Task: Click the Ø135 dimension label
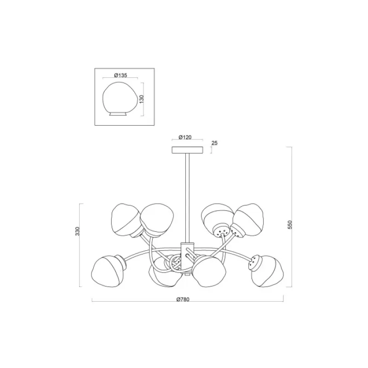point(121,75)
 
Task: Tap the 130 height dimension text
point(141,99)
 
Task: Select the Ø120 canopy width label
point(185,137)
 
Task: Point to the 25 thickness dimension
point(214,143)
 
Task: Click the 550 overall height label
point(290,224)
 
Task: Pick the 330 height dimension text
point(78,231)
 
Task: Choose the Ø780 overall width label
point(183,299)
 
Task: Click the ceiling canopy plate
point(188,150)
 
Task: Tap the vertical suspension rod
point(187,198)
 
